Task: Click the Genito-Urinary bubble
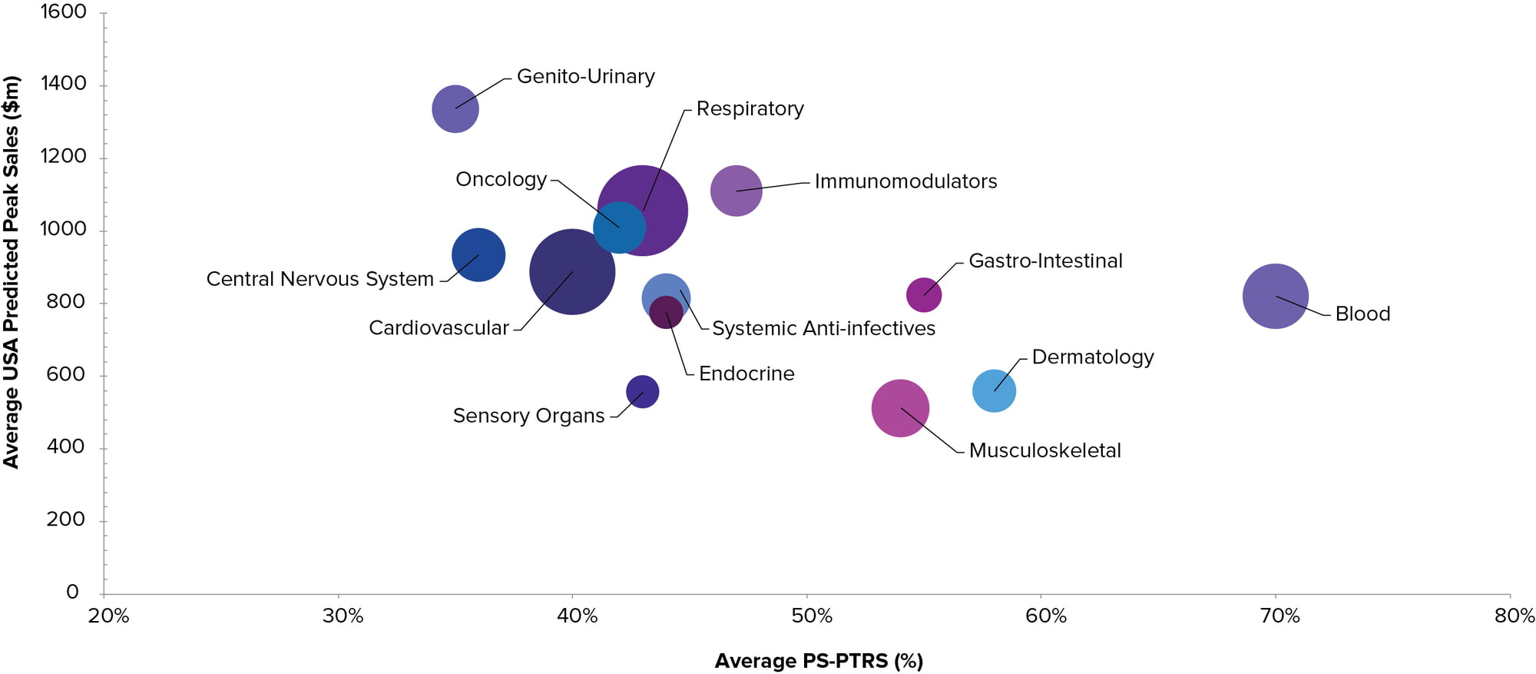455,108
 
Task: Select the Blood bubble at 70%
1275,296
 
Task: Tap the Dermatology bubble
994,390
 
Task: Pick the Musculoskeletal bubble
900,408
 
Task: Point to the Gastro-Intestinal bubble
924,295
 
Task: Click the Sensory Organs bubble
642,392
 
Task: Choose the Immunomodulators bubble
737,191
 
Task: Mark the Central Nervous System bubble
478,255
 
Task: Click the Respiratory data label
750,109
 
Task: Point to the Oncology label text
501,180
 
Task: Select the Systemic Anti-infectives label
823,329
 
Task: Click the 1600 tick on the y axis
64,12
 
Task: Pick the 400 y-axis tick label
65,447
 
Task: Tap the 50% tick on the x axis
812,616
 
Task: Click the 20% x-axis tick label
108,616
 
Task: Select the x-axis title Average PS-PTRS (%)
819,661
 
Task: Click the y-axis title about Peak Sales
12,272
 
